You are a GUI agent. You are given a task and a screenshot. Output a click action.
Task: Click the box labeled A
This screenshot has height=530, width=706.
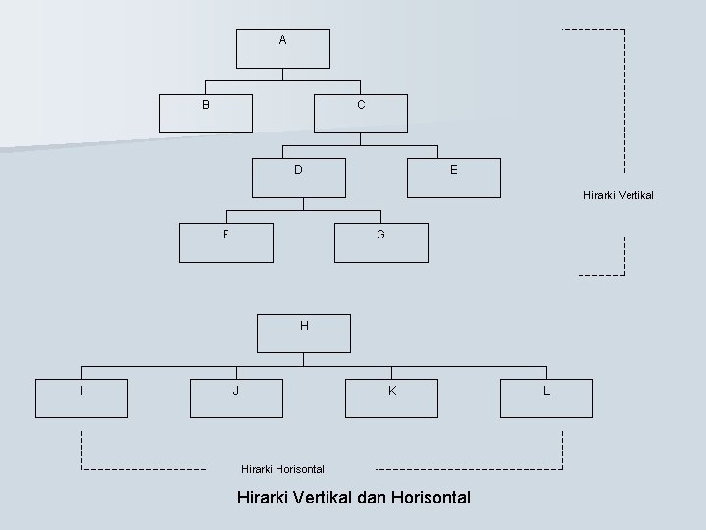pyautogui.click(x=283, y=48)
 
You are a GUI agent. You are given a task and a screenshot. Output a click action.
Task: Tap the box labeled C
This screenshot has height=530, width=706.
pyautogui.click(x=361, y=112)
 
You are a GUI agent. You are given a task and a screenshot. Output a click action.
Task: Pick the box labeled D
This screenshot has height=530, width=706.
pyautogui.click(x=299, y=177)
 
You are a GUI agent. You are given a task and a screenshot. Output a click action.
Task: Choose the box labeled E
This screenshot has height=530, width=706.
pyautogui.click(x=453, y=178)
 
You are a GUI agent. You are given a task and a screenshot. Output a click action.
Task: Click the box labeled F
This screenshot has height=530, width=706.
pyautogui.click(x=227, y=242)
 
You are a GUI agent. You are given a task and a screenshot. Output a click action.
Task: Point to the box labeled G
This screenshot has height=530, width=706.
pyautogui.click(x=381, y=242)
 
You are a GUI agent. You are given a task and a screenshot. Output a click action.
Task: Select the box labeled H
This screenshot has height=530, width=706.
pyautogui.click(x=304, y=333)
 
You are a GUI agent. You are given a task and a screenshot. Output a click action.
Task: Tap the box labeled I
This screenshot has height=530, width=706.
pyautogui.click(x=82, y=397)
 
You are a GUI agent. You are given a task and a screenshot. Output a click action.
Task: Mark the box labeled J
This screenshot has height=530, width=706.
pyautogui.click(x=236, y=397)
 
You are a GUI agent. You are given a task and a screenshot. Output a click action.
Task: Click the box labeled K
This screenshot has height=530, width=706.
pyautogui.click(x=391, y=397)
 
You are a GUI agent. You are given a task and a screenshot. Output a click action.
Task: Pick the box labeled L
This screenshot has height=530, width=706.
pyautogui.click(x=546, y=397)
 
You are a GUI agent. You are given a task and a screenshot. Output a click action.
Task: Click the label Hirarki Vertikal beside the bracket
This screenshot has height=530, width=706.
pyautogui.click(x=618, y=195)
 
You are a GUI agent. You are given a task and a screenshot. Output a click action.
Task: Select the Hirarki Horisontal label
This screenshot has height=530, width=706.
pyautogui.click(x=282, y=469)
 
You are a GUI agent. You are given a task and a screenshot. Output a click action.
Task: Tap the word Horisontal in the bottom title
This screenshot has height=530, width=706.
pyautogui.click(x=429, y=498)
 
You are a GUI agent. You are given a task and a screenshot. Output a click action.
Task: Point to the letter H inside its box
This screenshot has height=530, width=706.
pyautogui.click(x=304, y=325)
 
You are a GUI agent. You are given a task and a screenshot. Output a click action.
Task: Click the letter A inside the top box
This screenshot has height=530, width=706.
pyautogui.click(x=282, y=40)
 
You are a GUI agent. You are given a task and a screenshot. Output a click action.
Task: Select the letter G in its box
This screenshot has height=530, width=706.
pyautogui.click(x=380, y=235)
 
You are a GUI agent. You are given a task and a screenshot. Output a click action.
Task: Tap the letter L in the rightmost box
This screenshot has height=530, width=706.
pyautogui.click(x=546, y=391)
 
